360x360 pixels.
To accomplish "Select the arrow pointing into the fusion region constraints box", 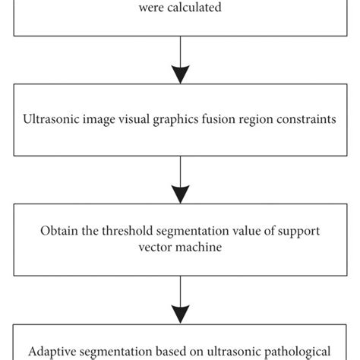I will point(180,65).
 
